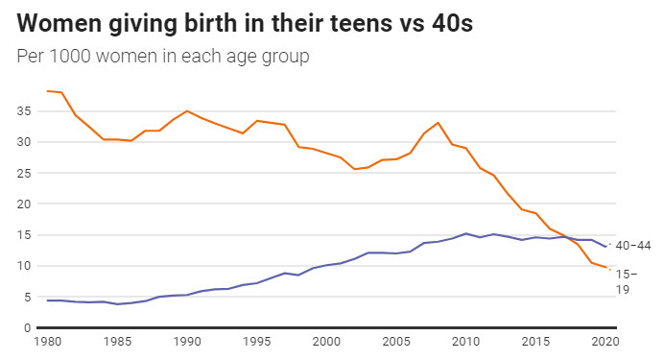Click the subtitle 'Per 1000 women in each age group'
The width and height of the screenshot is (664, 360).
(163, 57)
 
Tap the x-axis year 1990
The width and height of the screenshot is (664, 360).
(186, 342)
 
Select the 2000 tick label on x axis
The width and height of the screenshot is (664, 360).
(327, 342)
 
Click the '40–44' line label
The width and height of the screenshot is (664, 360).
(632, 246)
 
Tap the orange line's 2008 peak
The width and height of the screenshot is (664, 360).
(439, 123)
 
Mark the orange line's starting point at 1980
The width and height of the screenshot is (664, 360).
(47, 91)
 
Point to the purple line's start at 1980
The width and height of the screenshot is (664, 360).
(47, 300)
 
